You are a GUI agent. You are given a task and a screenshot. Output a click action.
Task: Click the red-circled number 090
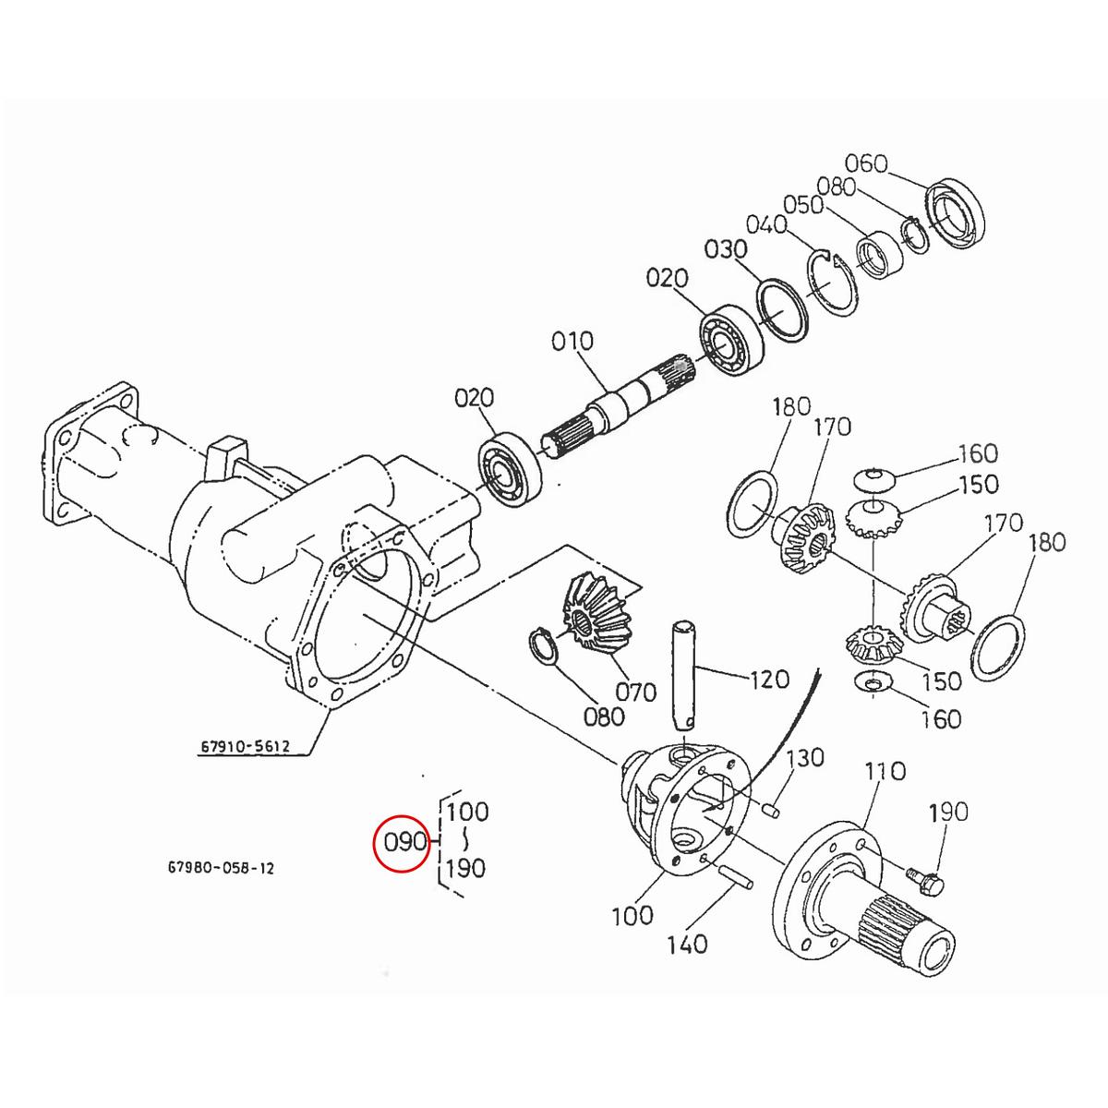(x=402, y=842)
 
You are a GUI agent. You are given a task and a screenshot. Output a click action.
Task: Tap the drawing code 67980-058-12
(x=221, y=869)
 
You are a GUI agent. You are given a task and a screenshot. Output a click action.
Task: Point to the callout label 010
(x=572, y=342)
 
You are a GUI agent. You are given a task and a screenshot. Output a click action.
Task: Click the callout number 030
(x=725, y=249)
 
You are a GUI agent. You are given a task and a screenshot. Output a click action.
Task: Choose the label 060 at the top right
(x=866, y=164)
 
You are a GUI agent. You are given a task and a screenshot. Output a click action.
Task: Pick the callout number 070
(x=636, y=691)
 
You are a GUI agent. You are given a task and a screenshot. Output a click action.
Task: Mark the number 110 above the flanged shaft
(x=885, y=770)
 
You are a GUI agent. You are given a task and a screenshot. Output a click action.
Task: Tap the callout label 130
(x=804, y=758)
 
